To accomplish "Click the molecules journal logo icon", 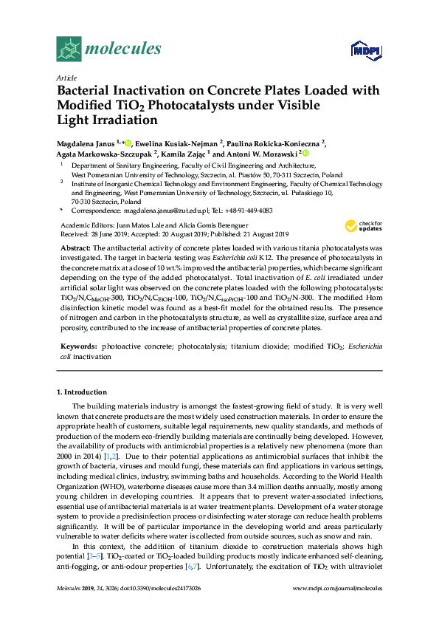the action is pyautogui.click(x=70, y=49).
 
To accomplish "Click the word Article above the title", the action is pyautogui.click(x=66, y=77).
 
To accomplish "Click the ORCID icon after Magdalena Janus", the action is pyautogui.click(x=128, y=143).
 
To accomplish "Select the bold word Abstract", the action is pyautogui.click(x=75, y=247).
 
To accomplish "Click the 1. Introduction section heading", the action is pyautogui.click(x=82, y=391).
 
